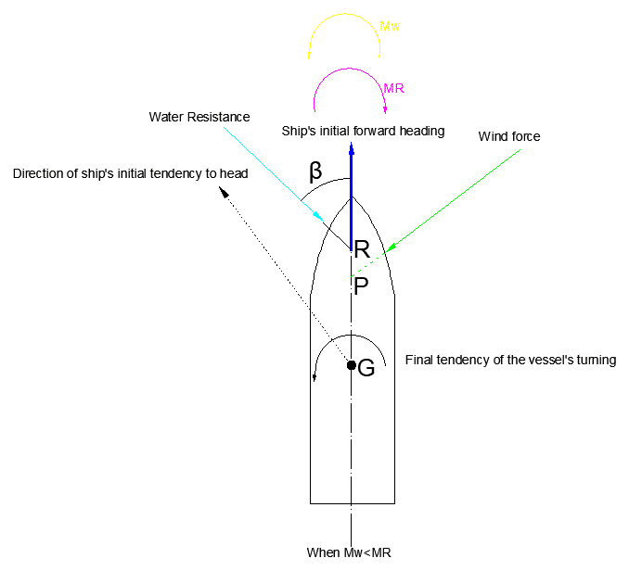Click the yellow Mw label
click(x=391, y=28)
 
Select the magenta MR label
click(x=393, y=88)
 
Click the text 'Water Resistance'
click(x=199, y=117)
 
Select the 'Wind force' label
click(x=509, y=136)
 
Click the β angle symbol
click(x=315, y=171)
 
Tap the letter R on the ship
click(x=363, y=249)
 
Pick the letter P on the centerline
click(x=362, y=286)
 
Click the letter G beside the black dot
click(x=366, y=368)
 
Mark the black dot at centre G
click(x=352, y=365)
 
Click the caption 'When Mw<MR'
click(x=350, y=552)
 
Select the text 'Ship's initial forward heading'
click(x=364, y=131)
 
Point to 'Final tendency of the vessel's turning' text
click(x=511, y=360)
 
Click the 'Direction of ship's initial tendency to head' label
click(x=130, y=173)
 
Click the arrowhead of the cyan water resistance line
click(x=318, y=216)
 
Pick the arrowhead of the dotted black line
click(x=223, y=191)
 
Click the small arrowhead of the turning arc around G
click(x=315, y=376)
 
